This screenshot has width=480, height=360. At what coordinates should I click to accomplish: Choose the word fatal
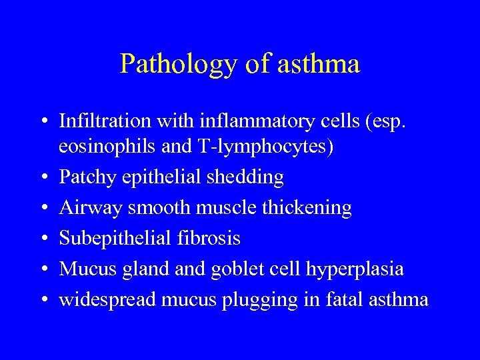[x=339, y=299]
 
